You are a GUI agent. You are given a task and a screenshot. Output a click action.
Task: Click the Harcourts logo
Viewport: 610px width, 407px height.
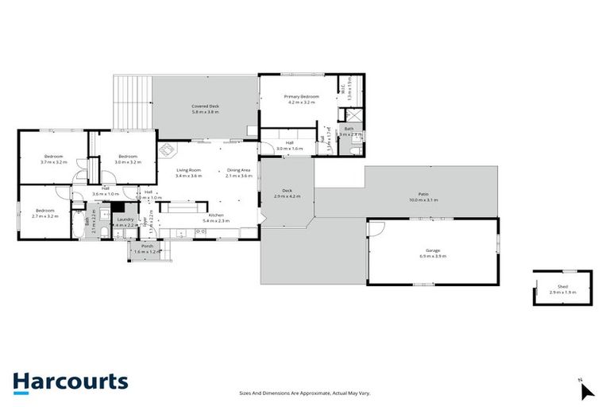coord(70,382)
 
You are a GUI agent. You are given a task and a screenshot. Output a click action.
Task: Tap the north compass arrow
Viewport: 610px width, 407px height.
coord(586,390)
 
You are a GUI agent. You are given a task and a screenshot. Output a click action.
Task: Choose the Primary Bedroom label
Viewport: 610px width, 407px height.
coord(300,96)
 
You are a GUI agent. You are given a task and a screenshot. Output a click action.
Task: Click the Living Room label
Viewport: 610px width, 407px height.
coord(188,169)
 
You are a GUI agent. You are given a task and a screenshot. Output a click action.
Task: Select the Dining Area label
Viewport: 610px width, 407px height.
coord(239,169)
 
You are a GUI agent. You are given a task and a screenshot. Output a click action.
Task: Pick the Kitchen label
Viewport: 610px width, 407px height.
coord(216,215)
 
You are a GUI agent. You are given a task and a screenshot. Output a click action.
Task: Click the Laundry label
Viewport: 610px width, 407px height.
coord(125,219)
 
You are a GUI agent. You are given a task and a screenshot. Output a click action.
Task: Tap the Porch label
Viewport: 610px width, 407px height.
coord(147,246)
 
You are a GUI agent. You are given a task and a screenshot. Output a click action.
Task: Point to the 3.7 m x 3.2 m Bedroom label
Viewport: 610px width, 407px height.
coord(53,157)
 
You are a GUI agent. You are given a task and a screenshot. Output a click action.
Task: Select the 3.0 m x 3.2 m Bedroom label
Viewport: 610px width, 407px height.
coord(129,157)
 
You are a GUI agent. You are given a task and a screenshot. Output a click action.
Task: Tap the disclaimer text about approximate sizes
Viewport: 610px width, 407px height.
coord(305,393)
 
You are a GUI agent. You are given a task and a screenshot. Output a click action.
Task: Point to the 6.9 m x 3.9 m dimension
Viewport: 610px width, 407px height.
coord(433,256)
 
